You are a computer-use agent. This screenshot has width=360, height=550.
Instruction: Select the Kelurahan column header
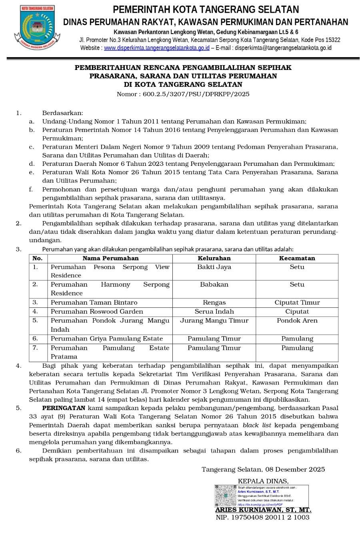coord(214,258)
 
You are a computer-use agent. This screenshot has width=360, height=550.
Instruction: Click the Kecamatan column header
coord(297,258)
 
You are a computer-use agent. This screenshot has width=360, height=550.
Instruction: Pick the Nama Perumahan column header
coord(110,258)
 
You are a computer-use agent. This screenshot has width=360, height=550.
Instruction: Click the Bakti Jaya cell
coord(214,267)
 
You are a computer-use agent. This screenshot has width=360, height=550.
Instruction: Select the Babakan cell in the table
coord(214,285)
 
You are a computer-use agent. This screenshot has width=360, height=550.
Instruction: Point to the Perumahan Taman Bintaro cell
coord(94,303)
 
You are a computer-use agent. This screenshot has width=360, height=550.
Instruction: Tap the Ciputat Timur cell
coord(297,303)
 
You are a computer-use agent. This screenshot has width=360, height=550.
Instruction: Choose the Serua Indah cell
coord(214,311)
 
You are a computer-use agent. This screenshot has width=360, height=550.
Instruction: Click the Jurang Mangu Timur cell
coord(214,321)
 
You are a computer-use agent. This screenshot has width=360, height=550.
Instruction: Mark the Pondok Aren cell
coord(297,321)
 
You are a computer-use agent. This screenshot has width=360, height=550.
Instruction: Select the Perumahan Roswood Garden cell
coord(97,311)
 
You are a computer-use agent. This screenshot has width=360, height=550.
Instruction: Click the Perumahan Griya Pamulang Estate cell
coord(106,339)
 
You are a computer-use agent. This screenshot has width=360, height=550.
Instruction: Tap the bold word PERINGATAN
coord(64,408)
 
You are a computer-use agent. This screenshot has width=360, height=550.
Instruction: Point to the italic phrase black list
coord(256,425)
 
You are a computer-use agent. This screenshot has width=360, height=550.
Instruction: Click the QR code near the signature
coord(226,496)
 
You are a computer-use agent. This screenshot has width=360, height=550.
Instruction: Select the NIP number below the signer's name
coord(262,517)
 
